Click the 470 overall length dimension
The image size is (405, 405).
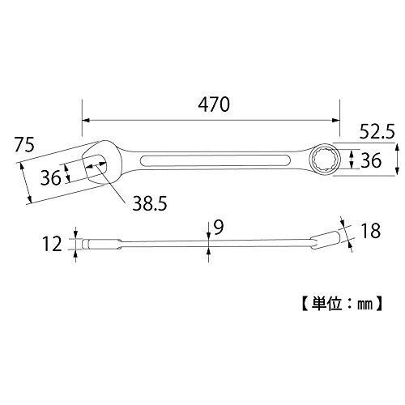coord(214,104)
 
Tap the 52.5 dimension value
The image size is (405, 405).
coord(377,132)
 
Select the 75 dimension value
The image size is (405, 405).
coord(24,145)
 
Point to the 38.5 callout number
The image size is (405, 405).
coord(150,203)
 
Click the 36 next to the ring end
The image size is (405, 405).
coord(371,160)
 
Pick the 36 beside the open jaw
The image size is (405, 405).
coord(51,177)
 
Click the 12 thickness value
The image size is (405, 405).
coord(52,244)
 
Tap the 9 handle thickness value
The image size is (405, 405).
coord(219,228)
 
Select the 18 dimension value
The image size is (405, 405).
coord(370,231)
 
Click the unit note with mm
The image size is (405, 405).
coord(342,304)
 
